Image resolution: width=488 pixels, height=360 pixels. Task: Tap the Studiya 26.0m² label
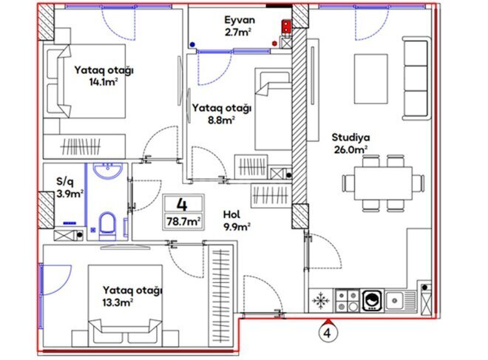[350, 143]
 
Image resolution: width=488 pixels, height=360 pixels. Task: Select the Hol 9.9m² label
[237, 220]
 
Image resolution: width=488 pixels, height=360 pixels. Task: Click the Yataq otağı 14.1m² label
[103, 76]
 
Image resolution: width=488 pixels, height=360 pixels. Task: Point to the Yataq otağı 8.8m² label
[221, 112]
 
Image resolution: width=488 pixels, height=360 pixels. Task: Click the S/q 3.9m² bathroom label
[70, 186]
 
